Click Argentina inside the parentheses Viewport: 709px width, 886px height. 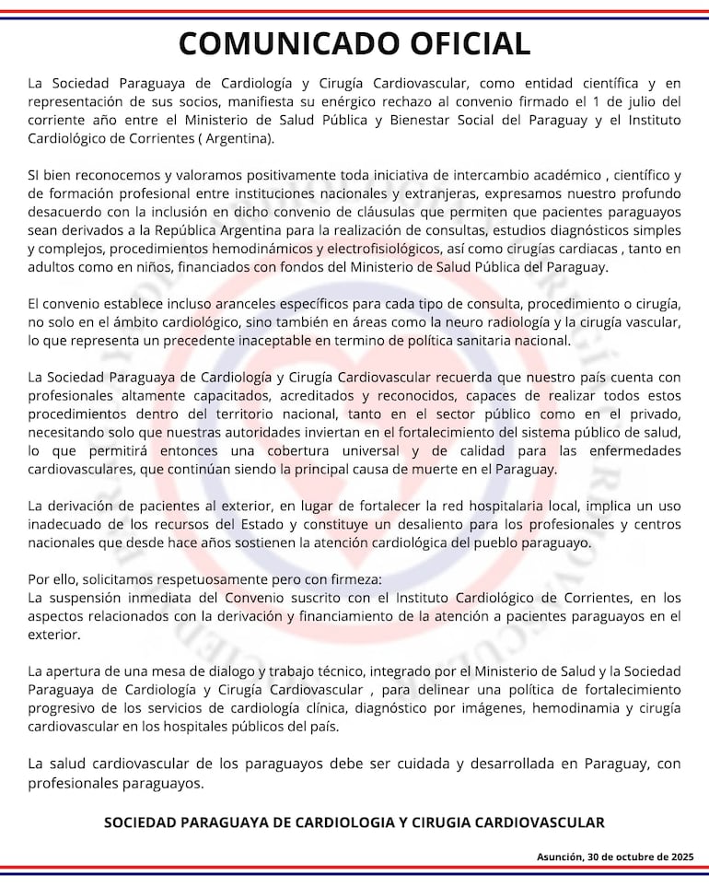tap(240, 138)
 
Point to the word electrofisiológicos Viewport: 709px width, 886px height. tap(389, 249)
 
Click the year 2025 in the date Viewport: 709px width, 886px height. tap(683, 857)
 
